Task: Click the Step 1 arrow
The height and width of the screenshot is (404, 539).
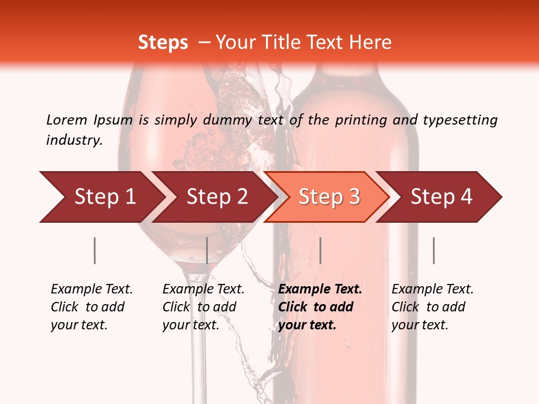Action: (x=101, y=197)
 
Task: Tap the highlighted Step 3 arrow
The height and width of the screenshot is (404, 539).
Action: (x=327, y=197)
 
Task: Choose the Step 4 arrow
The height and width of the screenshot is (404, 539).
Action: (x=440, y=197)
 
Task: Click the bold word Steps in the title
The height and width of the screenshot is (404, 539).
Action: (x=163, y=43)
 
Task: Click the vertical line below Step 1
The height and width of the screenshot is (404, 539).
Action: (x=94, y=250)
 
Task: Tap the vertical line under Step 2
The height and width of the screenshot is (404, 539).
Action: (x=207, y=250)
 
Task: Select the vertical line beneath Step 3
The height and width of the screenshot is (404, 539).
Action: (x=320, y=250)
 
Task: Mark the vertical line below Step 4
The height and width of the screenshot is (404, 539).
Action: (x=433, y=250)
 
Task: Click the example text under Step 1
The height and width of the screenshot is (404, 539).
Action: (x=92, y=307)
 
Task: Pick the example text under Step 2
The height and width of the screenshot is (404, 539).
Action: (x=203, y=307)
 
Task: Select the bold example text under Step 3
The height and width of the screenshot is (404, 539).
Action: (x=320, y=307)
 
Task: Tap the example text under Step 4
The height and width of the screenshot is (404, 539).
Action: (x=432, y=307)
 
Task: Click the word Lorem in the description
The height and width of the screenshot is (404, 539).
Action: (x=67, y=120)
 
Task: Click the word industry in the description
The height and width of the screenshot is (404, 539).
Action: (x=74, y=140)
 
